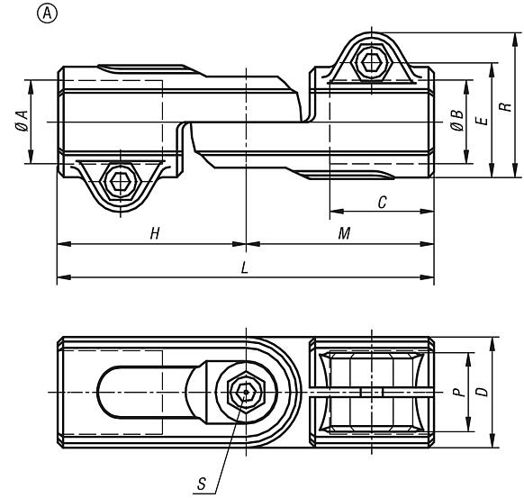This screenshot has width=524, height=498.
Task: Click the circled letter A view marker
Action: pos(47,14)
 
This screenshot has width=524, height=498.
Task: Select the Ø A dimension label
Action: pos(22,121)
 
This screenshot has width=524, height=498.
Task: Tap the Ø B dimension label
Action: pos(456,121)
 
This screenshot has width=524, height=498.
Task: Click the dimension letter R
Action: pos(505,107)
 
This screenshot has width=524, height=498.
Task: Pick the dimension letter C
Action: pos(382,203)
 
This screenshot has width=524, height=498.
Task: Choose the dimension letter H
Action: pos(155,233)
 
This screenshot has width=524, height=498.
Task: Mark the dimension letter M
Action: pos(344,233)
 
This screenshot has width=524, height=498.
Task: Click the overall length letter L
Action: pos(245,267)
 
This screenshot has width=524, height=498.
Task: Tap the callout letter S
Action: pos(201,484)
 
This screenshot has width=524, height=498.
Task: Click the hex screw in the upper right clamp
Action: pos(372,62)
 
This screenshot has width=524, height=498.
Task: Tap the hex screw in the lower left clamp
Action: pos(121,181)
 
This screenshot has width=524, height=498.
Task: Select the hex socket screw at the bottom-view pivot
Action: pos(246,392)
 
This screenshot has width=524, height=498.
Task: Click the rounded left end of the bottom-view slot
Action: pos(98,392)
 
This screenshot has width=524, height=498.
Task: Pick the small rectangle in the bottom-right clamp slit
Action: pos(372,392)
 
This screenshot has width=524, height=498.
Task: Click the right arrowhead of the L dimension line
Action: pos(427,277)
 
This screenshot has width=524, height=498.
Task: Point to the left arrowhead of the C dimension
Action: pos(337,212)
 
